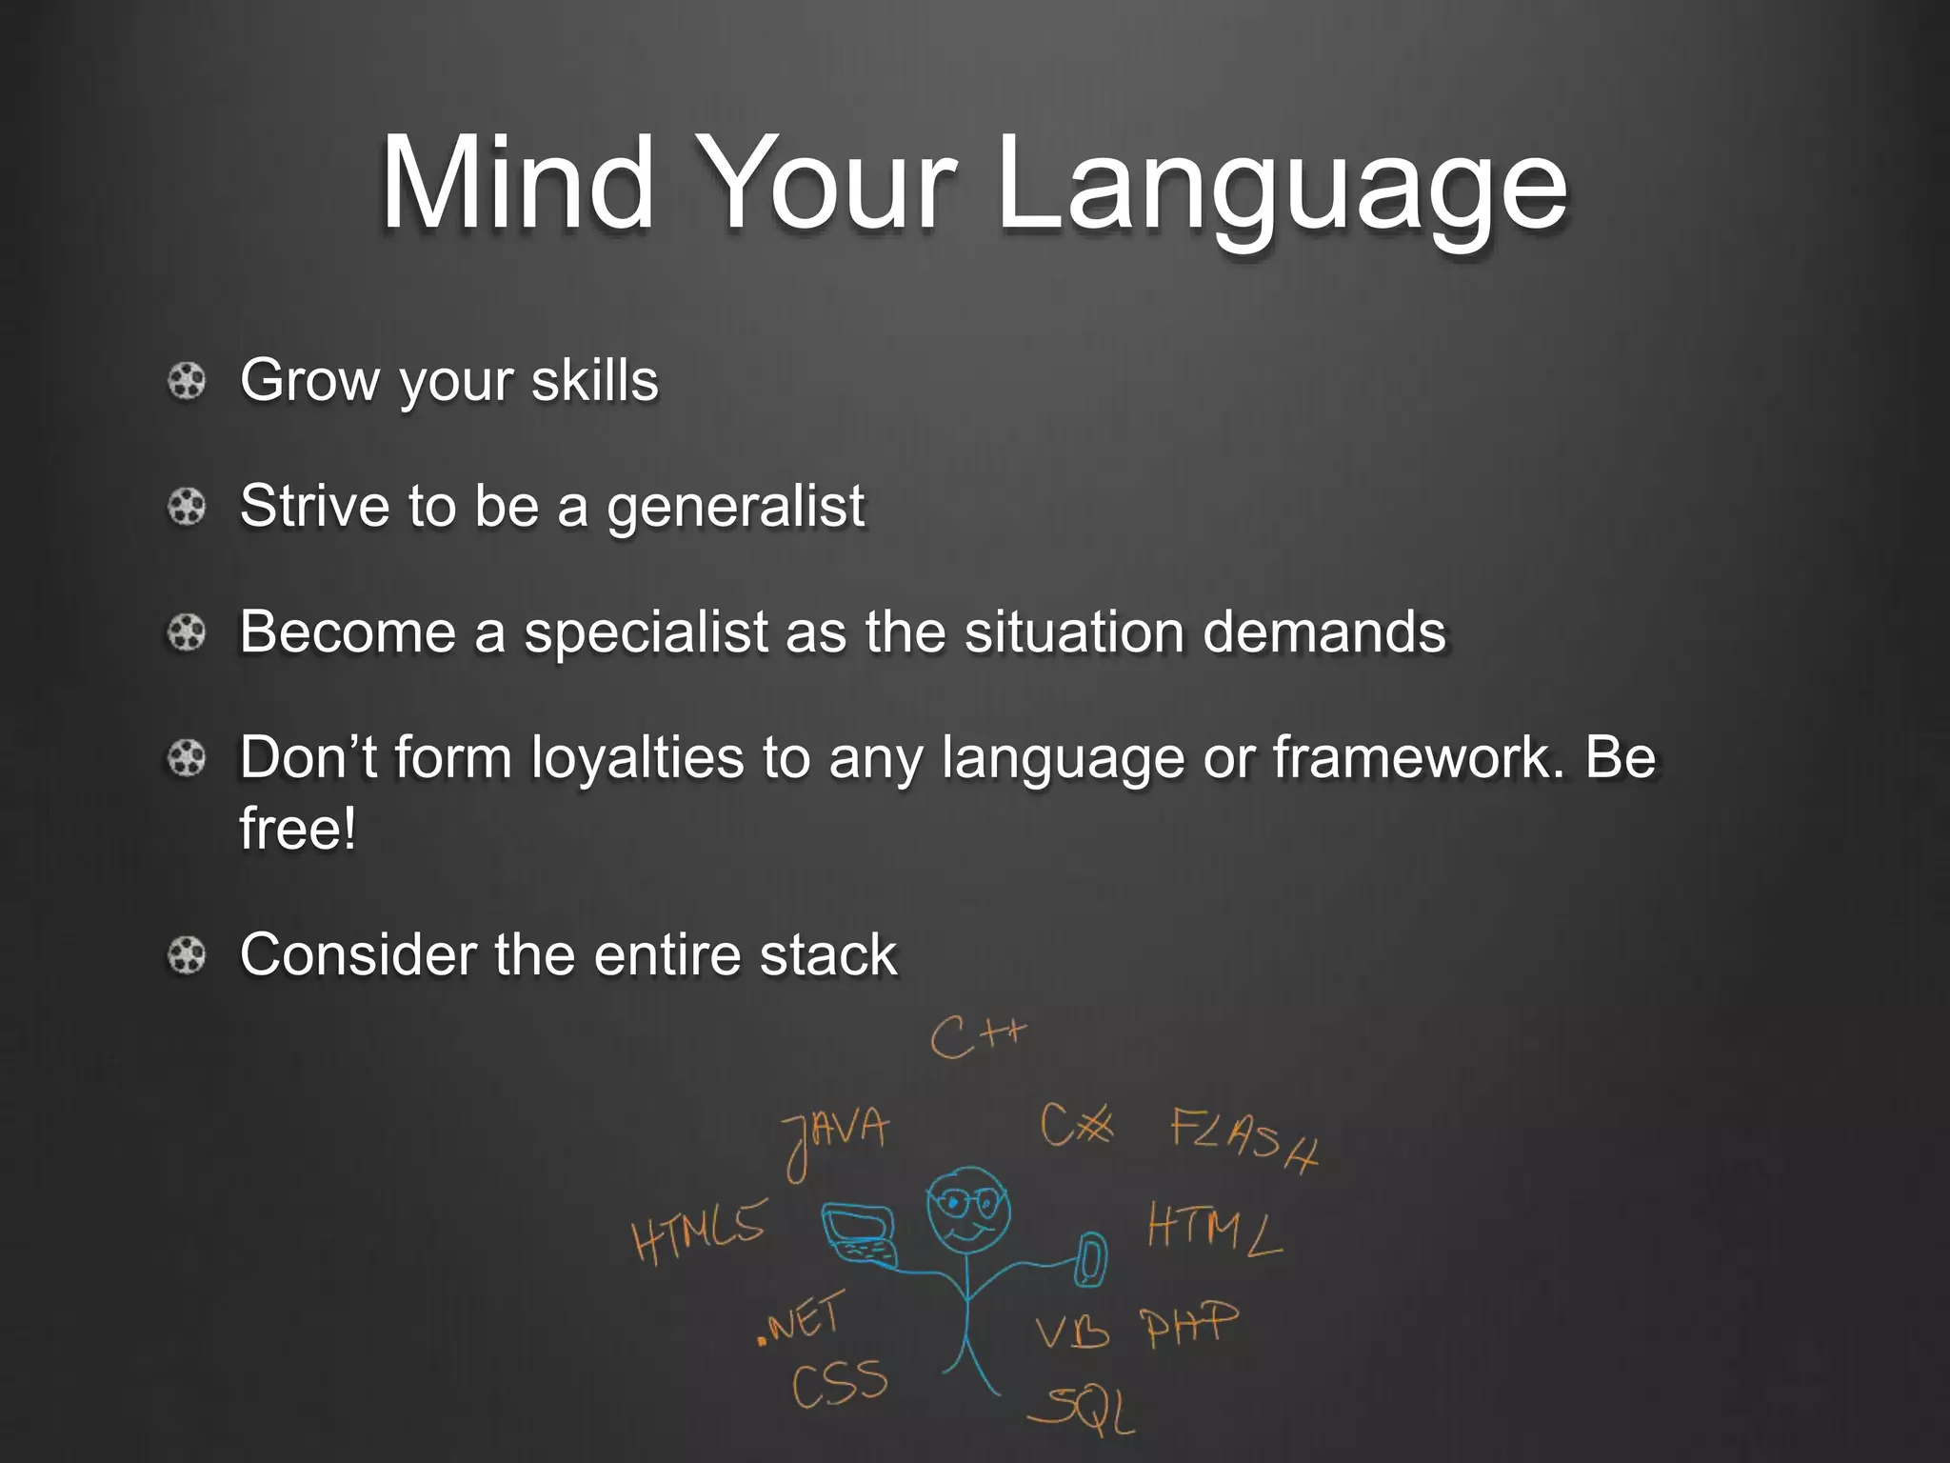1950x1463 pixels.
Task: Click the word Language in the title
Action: pyautogui.click(x=1281, y=186)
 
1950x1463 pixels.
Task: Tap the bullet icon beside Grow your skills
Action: pyautogui.click(x=187, y=382)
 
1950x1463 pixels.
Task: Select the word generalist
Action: pyautogui.click(x=735, y=507)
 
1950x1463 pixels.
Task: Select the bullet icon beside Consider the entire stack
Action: pyautogui.click(x=187, y=955)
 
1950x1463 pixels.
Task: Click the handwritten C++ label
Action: pyautogui.click(x=978, y=1036)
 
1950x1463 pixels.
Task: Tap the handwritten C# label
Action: pyautogui.click(x=1076, y=1126)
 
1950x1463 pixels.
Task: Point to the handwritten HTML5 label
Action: pyautogui.click(x=699, y=1231)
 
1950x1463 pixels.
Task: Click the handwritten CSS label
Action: pyautogui.click(x=839, y=1383)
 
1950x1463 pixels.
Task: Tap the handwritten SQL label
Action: pyautogui.click(x=1085, y=1410)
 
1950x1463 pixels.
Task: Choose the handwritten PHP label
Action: pyautogui.click(x=1190, y=1324)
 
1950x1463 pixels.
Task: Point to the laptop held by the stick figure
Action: pyautogui.click(x=859, y=1234)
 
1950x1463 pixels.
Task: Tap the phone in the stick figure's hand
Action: pyautogui.click(x=1092, y=1259)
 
